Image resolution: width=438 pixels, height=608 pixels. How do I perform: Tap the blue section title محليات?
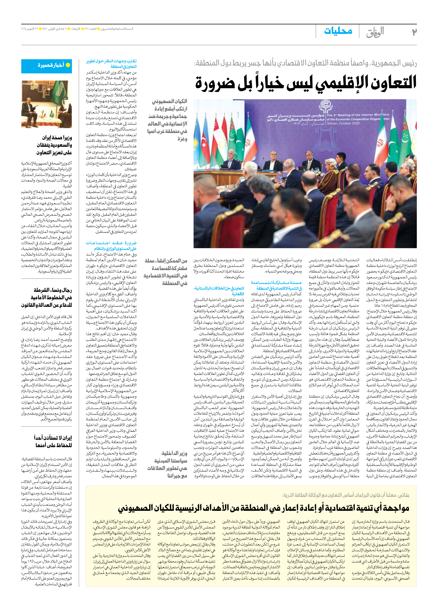(x=338, y=31)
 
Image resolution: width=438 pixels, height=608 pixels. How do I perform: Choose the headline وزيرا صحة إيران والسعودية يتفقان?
(x=54, y=145)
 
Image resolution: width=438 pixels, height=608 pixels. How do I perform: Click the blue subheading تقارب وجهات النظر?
(x=111, y=63)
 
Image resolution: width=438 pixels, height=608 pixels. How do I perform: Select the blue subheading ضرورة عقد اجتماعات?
(x=111, y=245)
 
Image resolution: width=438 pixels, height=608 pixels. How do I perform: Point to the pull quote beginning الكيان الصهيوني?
(x=168, y=120)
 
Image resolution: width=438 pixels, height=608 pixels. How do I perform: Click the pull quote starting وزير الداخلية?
(x=167, y=465)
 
